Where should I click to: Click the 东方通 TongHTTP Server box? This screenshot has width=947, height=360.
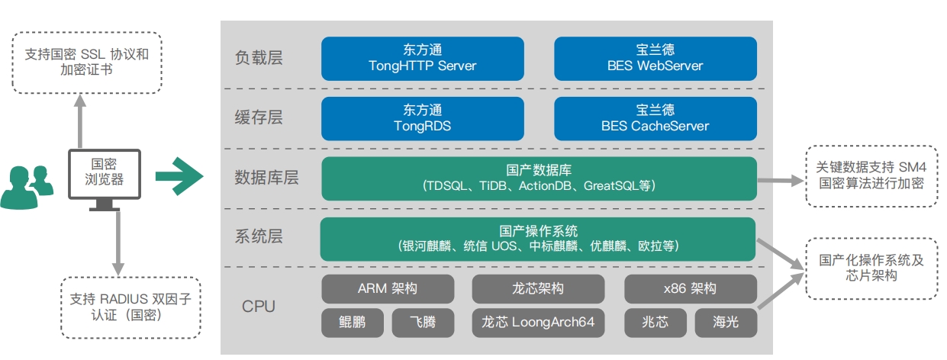(x=422, y=58)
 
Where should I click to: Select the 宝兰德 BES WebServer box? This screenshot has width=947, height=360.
(x=655, y=58)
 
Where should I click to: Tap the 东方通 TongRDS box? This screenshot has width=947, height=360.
(x=422, y=119)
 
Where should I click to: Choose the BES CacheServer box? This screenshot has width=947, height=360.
(x=655, y=119)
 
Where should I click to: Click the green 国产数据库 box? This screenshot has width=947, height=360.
(x=539, y=178)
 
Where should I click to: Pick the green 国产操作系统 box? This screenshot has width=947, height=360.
(x=538, y=239)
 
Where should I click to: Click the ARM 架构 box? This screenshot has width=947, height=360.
(x=388, y=289)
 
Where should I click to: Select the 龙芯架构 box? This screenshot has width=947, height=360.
(x=538, y=289)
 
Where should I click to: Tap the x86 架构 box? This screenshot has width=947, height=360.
(x=691, y=289)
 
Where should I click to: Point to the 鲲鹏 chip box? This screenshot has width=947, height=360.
(x=352, y=323)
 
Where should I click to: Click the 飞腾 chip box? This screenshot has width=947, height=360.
(x=423, y=323)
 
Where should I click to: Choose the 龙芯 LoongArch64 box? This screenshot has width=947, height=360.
(x=538, y=323)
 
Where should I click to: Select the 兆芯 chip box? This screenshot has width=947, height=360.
(x=655, y=323)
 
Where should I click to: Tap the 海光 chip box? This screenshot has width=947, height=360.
(x=726, y=323)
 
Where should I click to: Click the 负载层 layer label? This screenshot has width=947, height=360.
(x=259, y=57)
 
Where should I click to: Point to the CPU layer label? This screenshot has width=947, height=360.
(x=259, y=307)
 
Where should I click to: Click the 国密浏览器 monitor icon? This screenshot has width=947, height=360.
(x=105, y=180)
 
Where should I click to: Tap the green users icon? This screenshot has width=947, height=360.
(x=27, y=187)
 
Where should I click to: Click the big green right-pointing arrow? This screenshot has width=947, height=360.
(x=179, y=176)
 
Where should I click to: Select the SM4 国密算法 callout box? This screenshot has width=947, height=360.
(x=871, y=175)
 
